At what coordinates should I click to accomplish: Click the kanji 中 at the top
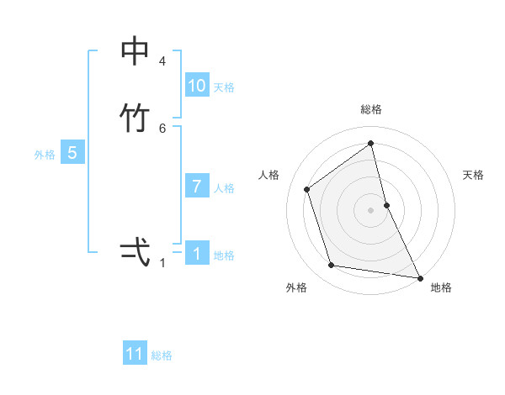tap(135, 51)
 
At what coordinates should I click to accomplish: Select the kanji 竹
tap(135, 118)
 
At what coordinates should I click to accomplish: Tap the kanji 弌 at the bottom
tap(135, 251)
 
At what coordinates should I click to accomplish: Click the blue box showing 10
tap(197, 86)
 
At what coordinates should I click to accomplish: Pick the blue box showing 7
tap(197, 187)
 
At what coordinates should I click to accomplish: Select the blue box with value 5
tap(72, 153)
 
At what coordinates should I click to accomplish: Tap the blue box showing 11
tap(135, 354)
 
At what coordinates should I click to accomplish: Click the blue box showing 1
tap(197, 254)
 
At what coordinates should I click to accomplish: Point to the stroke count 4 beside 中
tap(162, 61)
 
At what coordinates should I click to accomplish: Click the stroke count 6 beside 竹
tap(162, 128)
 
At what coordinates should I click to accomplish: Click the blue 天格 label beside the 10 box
tap(224, 87)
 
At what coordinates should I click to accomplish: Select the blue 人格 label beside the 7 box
tap(225, 188)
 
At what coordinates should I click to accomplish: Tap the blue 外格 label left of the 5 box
tap(45, 155)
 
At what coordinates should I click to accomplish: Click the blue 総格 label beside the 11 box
tap(162, 355)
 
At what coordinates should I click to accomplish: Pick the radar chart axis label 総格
tap(371, 109)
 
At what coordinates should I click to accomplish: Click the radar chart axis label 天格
tap(474, 175)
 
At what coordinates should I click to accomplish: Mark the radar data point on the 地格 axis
tap(418, 276)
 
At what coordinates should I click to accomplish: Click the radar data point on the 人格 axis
tap(307, 189)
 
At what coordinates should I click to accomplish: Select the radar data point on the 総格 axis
tap(371, 143)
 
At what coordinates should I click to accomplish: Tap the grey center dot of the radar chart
tap(371, 209)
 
